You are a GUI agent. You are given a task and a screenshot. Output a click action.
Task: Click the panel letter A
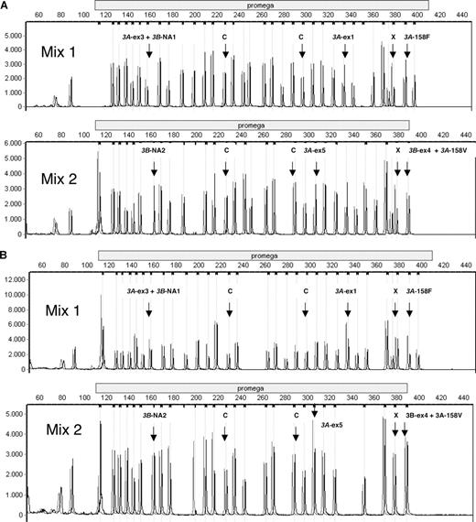point(5,5)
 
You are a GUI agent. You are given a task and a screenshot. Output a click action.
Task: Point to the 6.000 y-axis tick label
point(16,145)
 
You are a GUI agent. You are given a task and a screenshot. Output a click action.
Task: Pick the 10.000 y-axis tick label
point(16,295)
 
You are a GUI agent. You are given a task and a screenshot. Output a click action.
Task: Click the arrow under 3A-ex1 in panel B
point(348,306)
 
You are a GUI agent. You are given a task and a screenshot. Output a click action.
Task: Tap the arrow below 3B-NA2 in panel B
point(154,434)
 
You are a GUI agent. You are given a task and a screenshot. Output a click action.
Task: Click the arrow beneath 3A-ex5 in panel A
point(317,167)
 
